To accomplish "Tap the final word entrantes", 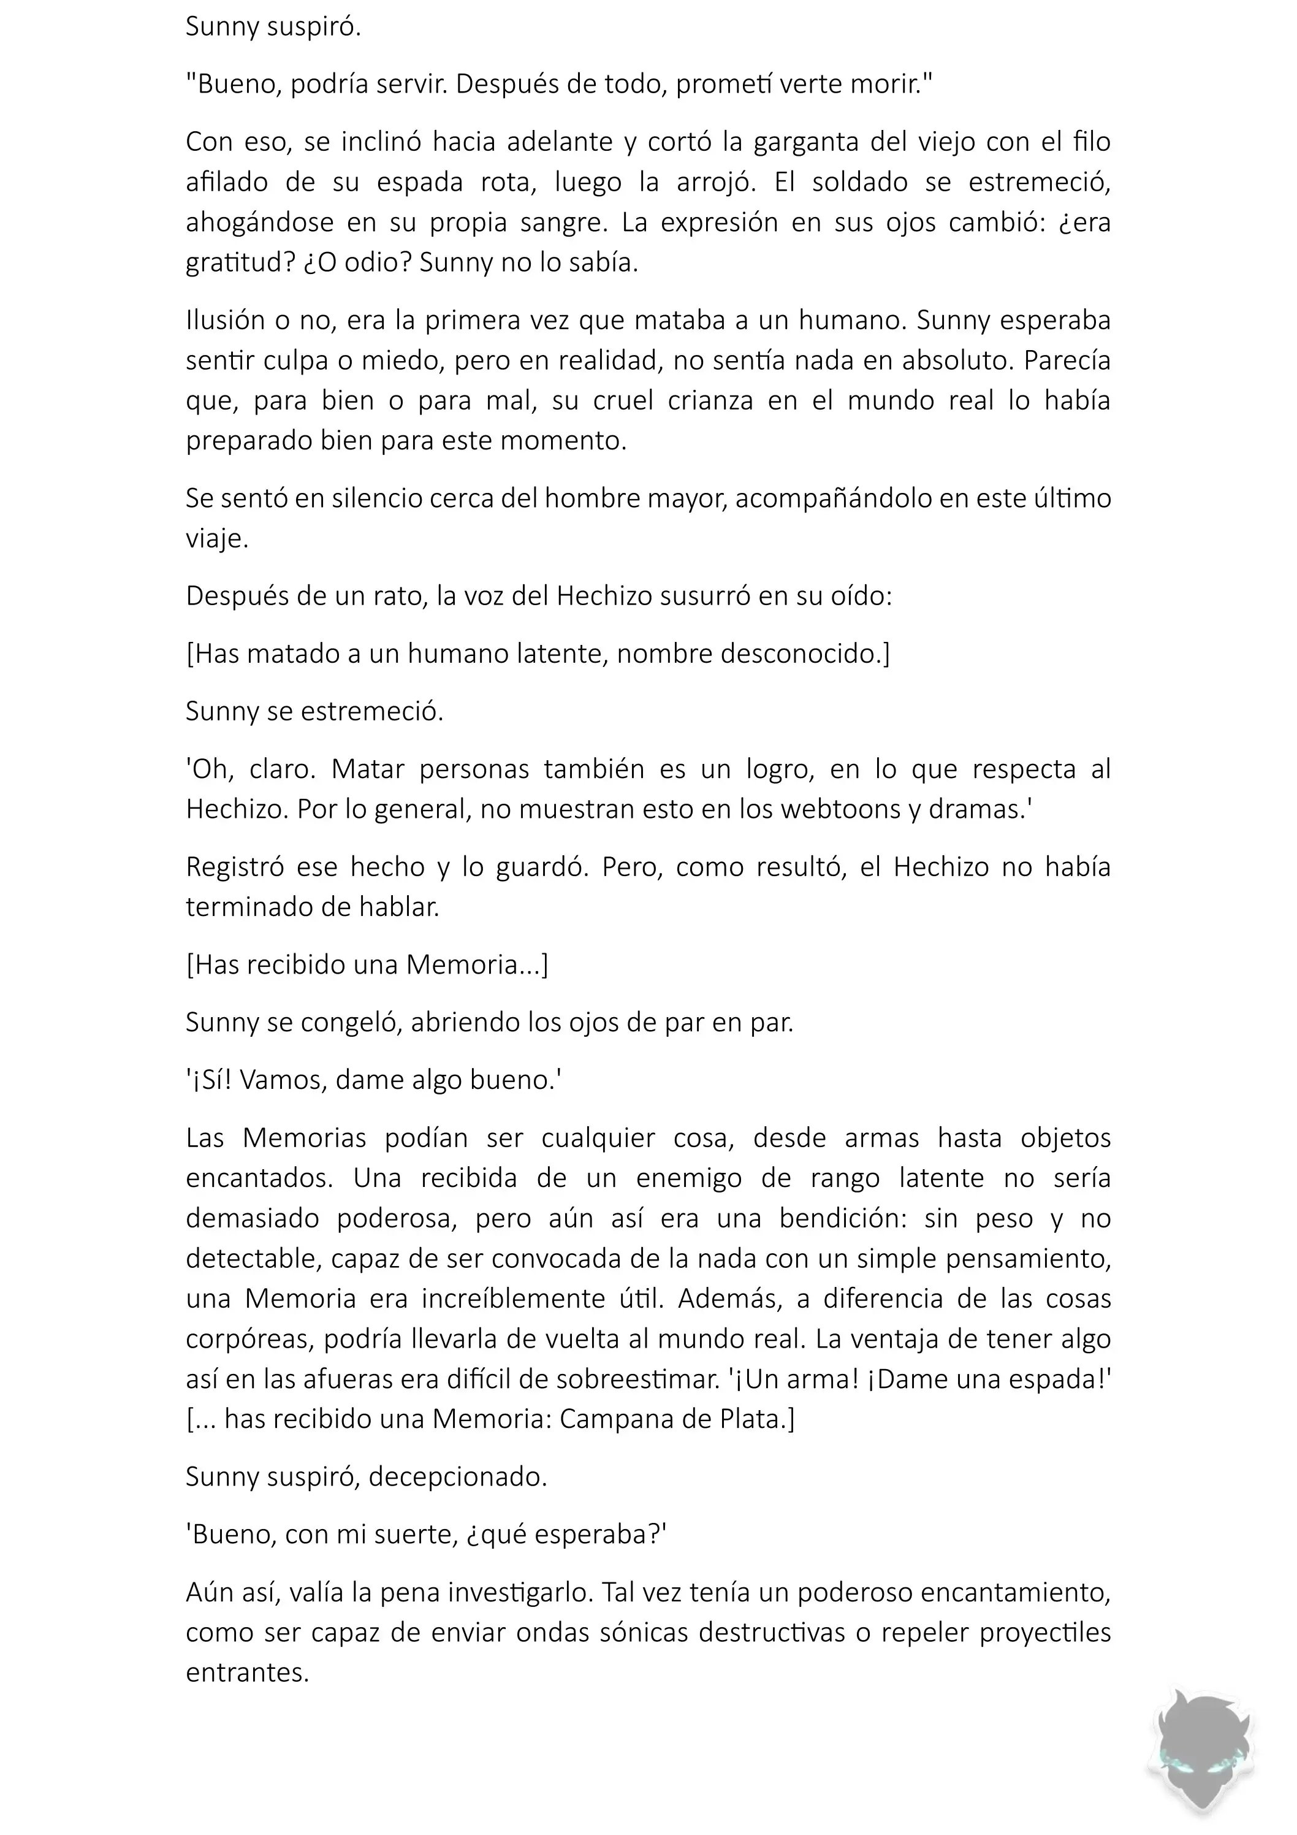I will [x=247, y=1672].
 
